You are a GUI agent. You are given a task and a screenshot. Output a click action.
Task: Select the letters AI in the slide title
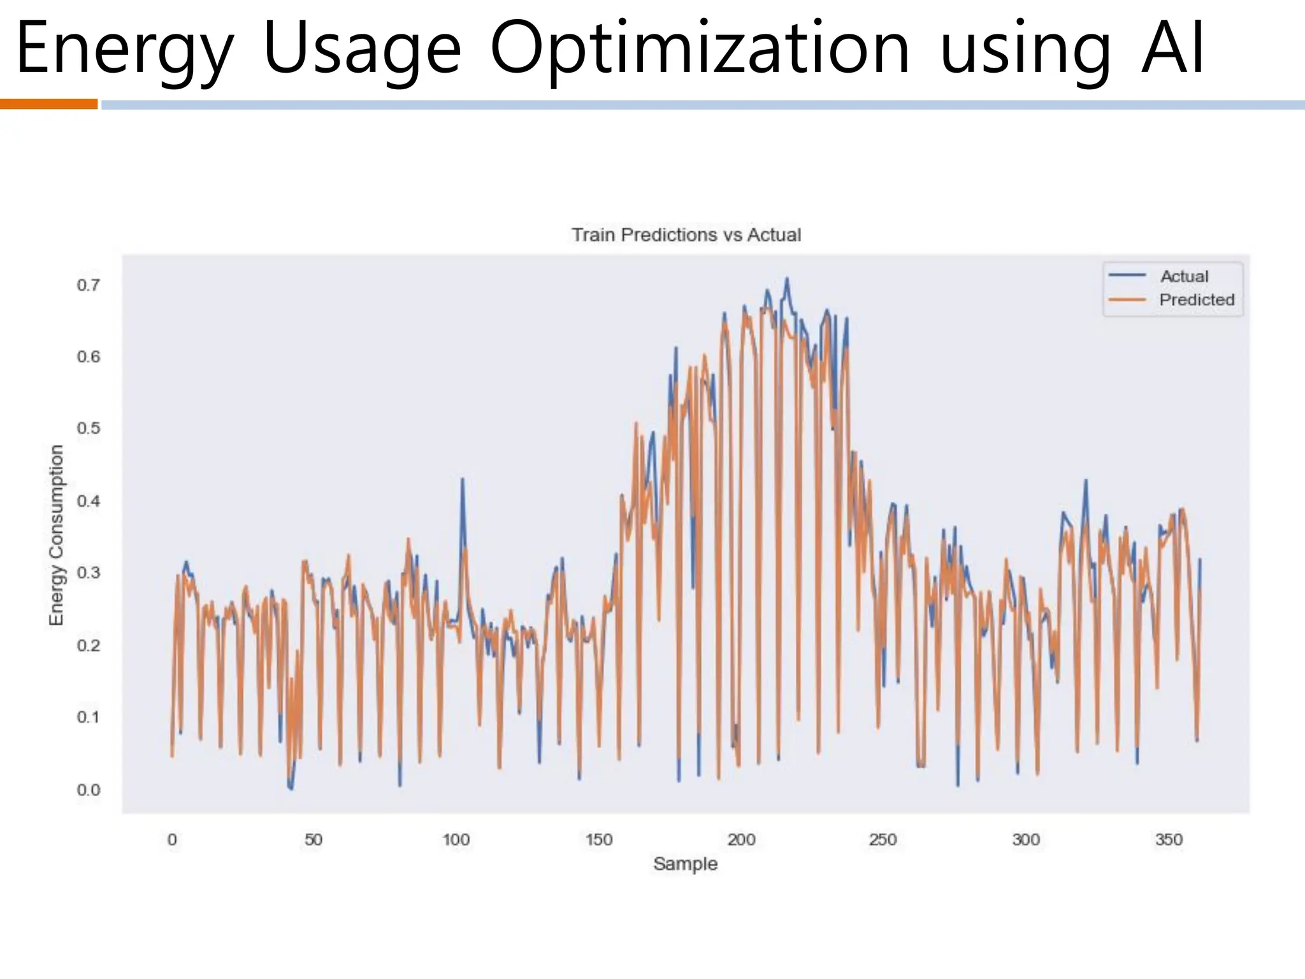(x=1172, y=48)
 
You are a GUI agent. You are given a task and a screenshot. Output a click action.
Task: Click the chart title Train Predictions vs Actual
(x=686, y=235)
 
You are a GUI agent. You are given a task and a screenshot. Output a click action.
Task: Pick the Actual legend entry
(x=1184, y=277)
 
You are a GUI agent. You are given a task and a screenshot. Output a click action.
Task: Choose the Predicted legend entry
(x=1196, y=300)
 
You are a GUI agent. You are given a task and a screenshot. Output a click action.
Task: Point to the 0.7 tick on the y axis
(x=89, y=285)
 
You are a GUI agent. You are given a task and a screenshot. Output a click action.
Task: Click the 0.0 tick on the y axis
(x=89, y=790)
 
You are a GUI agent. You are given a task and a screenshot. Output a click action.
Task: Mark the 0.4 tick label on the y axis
(x=89, y=501)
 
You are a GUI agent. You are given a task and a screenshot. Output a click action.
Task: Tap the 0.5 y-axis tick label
(x=89, y=428)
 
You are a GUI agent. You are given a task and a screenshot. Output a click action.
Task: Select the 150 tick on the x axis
(x=598, y=839)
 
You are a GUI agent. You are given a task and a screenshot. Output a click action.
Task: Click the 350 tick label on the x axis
(x=1169, y=839)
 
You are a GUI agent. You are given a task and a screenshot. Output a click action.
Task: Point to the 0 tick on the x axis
(x=172, y=839)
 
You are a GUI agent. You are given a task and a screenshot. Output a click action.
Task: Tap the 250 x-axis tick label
(x=883, y=839)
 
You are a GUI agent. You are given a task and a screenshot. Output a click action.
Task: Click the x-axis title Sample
(x=685, y=864)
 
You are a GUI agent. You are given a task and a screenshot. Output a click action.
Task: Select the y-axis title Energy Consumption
(x=57, y=535)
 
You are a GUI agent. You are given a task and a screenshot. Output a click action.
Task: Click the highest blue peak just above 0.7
(x=787, y=279)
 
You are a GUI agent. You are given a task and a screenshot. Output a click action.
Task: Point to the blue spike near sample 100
(x=462, y=480)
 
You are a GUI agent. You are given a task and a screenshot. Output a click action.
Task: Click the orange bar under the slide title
(x=48, y=104)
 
